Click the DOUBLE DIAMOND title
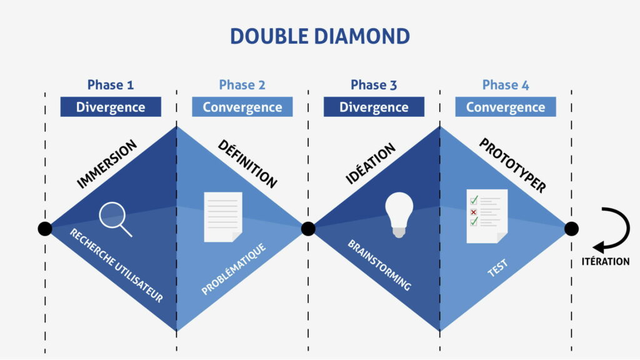[x=319, y=36]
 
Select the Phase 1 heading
[x=111, y=85]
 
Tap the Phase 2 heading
[x=242, y=85]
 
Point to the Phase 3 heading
[x=374, y=85]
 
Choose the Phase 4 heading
[x=506, y=85]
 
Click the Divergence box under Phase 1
[x=111, y=107]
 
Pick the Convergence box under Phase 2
[x=242, y=107]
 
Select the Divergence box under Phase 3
[x=374, y=107]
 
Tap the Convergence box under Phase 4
[x=506, y=107]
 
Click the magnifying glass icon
[x=115, y=219]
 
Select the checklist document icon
[x=486, y=216]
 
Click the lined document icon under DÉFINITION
[x=223, y=216]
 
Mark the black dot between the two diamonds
[x=308, y=229]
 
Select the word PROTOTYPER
[x=512, y=165]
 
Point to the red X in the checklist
[x=473, y=211]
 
